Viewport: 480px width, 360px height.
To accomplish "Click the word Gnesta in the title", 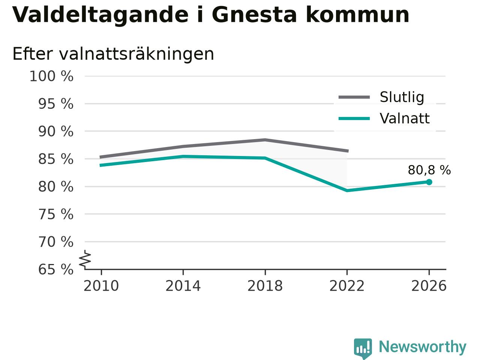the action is point(254,15).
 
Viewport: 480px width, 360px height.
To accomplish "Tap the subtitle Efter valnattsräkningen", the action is point(113,54).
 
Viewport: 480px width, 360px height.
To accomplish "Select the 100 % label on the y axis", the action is point(51,76).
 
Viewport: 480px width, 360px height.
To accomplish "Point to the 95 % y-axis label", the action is point(56,104).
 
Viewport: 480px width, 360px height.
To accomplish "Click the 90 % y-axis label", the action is point(56,132).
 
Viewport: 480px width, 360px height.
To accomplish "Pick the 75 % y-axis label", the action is point(56,214).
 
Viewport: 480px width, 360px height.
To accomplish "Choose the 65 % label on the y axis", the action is point(56,269).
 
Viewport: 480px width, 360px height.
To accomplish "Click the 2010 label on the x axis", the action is point(101,286).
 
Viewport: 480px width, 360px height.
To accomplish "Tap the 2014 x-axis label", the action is point(183,286).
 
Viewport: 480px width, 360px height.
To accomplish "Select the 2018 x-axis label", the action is point(265,286).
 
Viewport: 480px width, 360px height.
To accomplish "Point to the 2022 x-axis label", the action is point(347,286).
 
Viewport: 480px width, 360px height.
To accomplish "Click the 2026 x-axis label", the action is point(429,286).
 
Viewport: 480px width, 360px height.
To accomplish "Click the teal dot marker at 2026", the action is point(429,182).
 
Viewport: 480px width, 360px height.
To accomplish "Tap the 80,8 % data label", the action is point(429,170).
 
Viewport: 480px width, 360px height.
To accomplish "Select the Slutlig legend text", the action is point(402,97).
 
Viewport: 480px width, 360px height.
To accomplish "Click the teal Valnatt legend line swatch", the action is point(354,119).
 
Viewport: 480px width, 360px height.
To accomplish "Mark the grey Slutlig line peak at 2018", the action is point(265,139).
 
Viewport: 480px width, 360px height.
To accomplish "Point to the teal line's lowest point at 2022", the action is point(347,191).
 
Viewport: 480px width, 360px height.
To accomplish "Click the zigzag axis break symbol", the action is point(85,259).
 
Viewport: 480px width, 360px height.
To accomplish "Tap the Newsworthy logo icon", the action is point(363,349).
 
